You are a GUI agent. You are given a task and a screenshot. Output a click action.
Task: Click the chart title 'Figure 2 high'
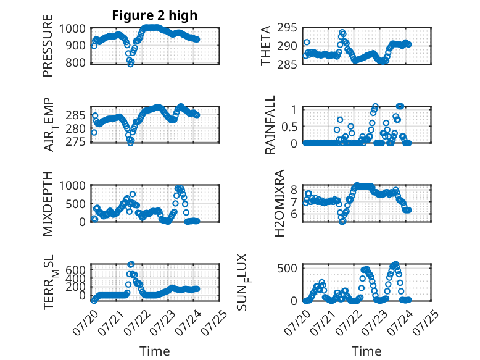pyautogui.click(x=155, y=15)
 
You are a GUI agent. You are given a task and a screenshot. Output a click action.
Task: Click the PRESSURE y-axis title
pyautogui.click(x=48, y=46)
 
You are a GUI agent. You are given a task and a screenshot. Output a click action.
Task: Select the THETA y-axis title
pyautogui.click(x=266, y=46)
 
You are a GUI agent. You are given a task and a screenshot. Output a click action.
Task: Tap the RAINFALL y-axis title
pyautogui.click(x=270, y=125)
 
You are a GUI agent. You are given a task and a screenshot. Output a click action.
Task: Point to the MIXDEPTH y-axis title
pyautogui.click(x=48, y=204)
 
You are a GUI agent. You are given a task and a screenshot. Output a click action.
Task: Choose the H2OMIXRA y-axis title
pyautogui.click(x=279, y=203)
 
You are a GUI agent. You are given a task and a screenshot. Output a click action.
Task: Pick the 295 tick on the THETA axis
pyautogui.click(x=287, y=28)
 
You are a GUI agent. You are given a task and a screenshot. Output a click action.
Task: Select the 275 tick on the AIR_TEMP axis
pyautogui.click(x=75, y=141)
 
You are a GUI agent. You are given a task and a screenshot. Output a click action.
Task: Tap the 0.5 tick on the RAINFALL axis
pyautogui.click(x=289, y=126)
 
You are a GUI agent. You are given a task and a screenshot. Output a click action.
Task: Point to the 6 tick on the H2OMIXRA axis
pyautogui.click(x=294, y=214)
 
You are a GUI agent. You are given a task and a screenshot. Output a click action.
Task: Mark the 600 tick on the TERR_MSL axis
pyautogui.click(x=75, y=270)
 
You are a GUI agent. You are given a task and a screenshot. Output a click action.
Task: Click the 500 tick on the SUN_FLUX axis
pyautogui.click(x=287, y=268)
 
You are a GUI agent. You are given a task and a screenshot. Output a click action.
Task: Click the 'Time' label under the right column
pyautogui.click(x=366, y=351)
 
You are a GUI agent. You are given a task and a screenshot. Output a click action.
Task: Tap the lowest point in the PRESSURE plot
pyautogui.click(x=130, y=64)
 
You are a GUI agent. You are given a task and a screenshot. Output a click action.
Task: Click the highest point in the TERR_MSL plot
pyautogui.click(x=131, y=264)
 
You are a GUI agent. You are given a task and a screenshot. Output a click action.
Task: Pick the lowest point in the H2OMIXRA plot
pyautogui.click(x=342, y=222)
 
